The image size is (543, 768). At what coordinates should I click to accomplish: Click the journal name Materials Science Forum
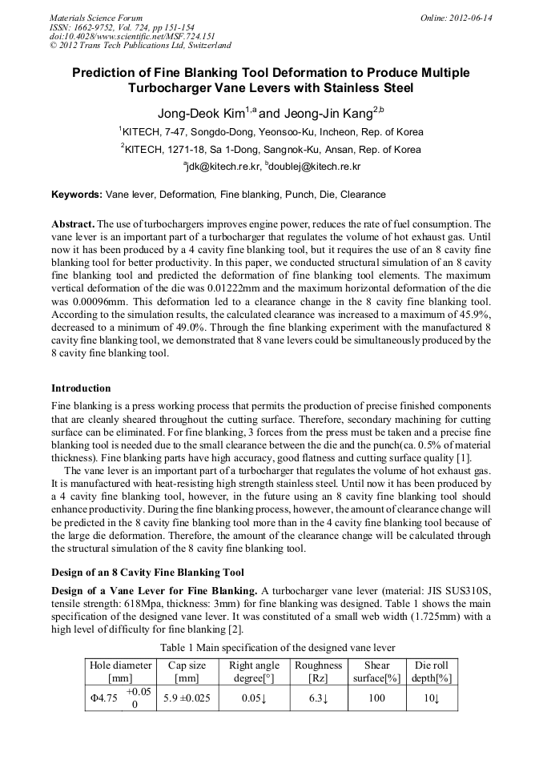point(96,17)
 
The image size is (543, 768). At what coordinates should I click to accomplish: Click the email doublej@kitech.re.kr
point(315,167)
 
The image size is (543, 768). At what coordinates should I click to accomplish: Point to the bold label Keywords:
point(77,195)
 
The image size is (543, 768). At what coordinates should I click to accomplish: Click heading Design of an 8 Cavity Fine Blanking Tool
point(149,572)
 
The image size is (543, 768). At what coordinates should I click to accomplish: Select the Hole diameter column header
point(121,671)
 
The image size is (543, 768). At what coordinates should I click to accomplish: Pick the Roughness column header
point(318,671)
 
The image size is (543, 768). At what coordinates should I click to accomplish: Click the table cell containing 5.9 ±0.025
point(187,698)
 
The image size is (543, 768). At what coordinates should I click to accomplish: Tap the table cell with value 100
point(376,698)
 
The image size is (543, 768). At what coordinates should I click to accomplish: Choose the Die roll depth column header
point(432,671)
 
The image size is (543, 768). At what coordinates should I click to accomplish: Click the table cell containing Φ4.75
point(104,698)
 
